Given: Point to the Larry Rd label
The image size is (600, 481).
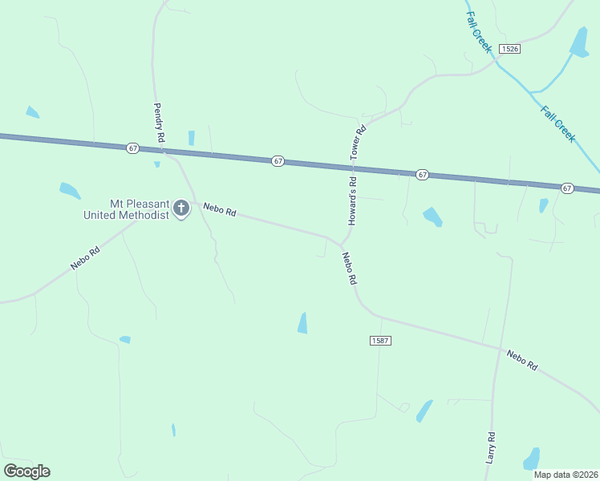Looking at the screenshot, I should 491,448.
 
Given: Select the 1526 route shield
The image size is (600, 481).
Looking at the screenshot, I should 509,49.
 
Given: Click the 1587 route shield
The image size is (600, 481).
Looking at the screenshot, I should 380,341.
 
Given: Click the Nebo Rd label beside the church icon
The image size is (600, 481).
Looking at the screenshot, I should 219,211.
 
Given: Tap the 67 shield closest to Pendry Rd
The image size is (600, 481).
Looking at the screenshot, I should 132,148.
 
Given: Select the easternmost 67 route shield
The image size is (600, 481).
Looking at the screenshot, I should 567,188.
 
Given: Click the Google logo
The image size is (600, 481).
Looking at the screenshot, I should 26,471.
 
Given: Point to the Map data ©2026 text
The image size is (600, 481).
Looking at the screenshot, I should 566,475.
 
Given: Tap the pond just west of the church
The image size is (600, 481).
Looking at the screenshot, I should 70,191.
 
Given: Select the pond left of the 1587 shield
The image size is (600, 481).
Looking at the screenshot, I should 302,322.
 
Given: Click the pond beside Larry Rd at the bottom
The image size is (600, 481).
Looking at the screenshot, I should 531,459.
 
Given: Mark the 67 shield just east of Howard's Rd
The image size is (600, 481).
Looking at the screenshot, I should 422,174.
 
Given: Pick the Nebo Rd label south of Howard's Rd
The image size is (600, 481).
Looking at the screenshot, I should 348,269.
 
